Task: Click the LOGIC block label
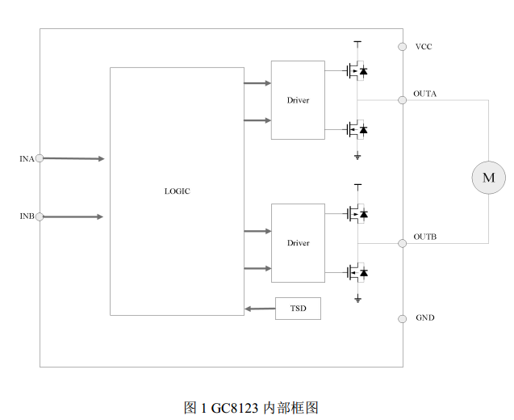pos(178,191)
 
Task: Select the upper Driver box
pos(298,99)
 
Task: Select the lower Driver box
pos(298,242)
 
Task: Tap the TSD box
pos(298,309)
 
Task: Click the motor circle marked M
pos(488,177)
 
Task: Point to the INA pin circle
pos(40,158)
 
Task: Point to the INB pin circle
pos(40,216)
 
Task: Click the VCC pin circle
pos(402,47)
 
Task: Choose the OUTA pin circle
pos(402,99)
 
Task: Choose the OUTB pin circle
pos(402,242)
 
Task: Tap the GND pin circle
pos(402,318)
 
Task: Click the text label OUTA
pos(425,94)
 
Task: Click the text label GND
pos(425,317)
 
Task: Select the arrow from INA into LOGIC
pos(73,159)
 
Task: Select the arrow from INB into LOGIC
pos(73,216)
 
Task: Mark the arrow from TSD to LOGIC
pos(259,309)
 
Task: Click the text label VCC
pos(424,47)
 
